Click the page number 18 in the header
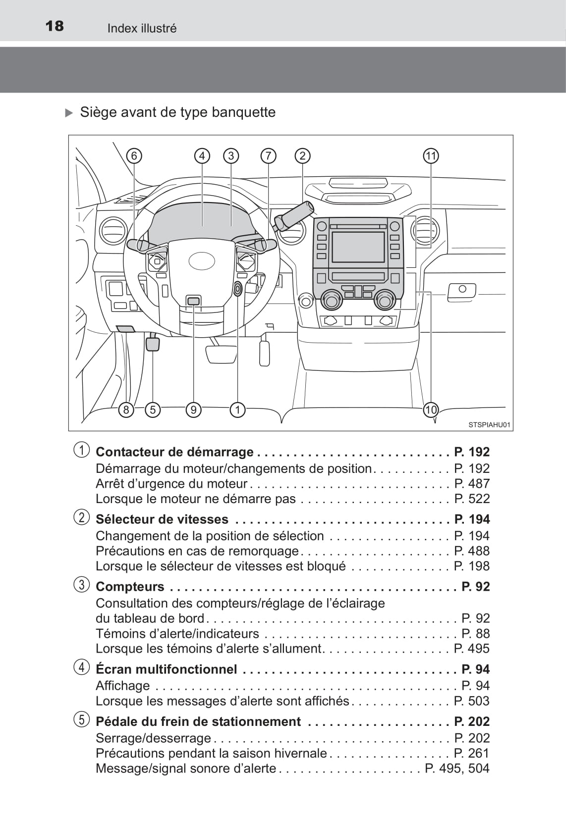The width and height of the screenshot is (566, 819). point(55,26)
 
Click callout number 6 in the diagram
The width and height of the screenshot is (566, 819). point(134,155)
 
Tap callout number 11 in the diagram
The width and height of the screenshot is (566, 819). point(431,155)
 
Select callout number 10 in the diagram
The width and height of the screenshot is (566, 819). point(431,409)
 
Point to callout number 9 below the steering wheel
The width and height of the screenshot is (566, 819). point(193,409)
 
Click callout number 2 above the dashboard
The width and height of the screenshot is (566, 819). point(302,155)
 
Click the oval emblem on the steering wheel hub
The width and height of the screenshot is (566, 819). point(202,260)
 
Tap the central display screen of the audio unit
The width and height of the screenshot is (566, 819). point(358,247)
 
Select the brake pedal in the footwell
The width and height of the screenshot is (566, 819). point(221,355)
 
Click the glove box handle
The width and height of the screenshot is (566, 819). point(461,291)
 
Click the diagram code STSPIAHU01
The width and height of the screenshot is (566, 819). point(489,424)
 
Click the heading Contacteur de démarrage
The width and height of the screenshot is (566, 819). point(174,452)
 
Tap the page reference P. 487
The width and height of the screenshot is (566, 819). point(472,483)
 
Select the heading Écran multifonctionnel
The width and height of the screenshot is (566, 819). point(166,669)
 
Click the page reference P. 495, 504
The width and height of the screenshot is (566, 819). point(457,768)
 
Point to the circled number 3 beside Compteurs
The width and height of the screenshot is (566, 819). point(82,585)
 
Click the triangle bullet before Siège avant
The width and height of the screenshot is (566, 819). point(69,113)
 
